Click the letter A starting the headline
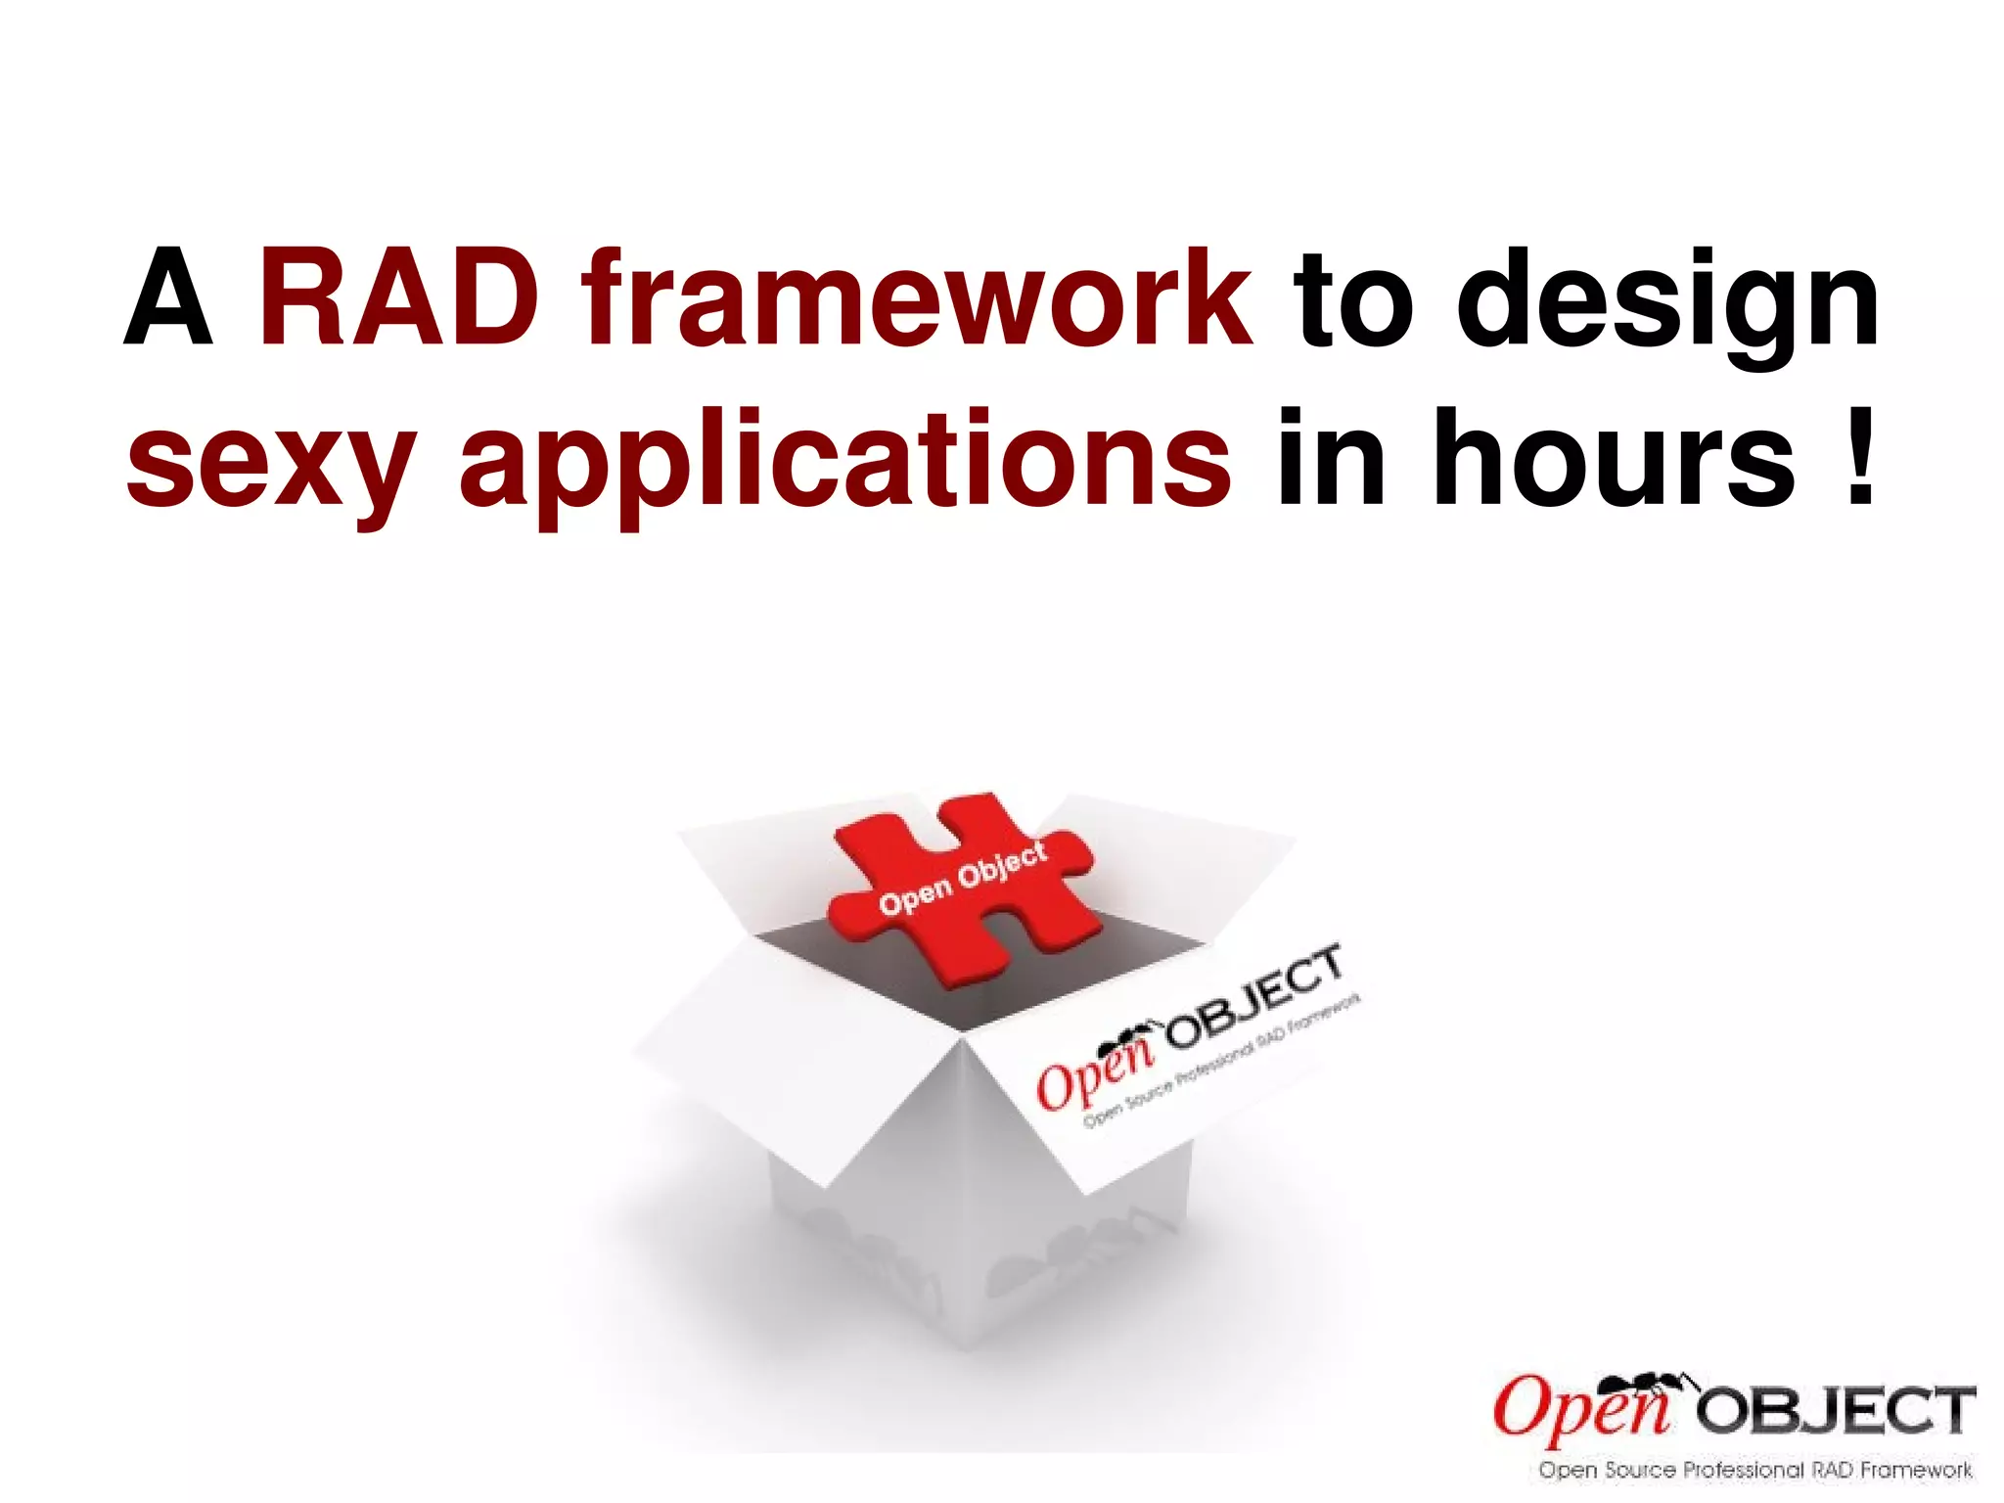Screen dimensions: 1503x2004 168,298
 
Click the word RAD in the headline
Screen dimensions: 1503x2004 398,298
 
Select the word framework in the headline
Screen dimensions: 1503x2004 917,298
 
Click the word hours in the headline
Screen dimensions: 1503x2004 1614,460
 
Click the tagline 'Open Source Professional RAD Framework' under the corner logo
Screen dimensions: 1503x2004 1754,1470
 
